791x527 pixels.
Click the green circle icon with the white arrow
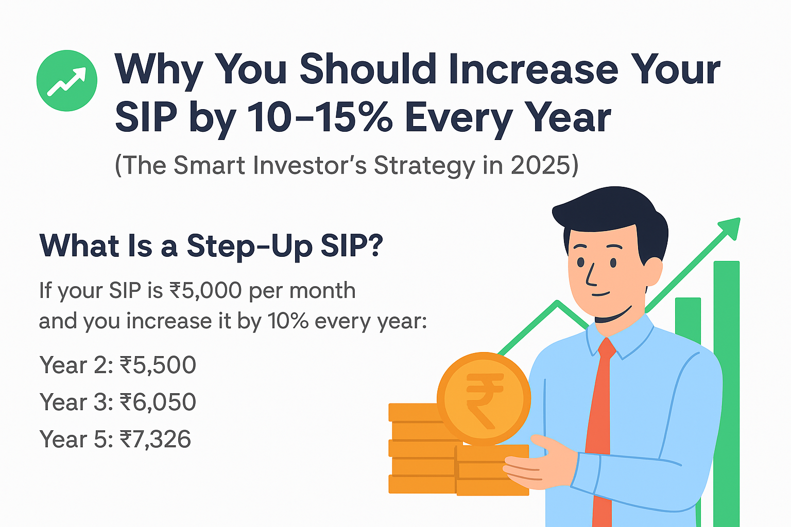67,80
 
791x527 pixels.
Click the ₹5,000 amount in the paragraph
205,291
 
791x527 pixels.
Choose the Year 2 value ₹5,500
158,365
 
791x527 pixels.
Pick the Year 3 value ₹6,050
158,402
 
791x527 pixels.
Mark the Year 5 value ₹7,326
156,439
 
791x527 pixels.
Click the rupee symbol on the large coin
484,399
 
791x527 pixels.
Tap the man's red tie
603,431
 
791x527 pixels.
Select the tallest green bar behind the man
727,394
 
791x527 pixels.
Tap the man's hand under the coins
540,462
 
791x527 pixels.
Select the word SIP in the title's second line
146,117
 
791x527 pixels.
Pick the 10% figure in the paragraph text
288,321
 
